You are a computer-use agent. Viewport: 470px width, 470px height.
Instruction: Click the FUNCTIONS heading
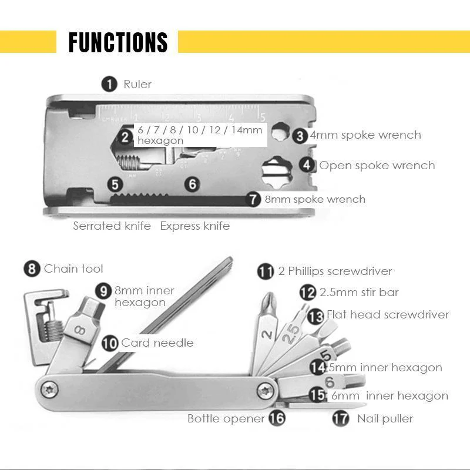tap(117, 42)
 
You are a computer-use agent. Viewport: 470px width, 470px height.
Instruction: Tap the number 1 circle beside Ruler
tap(109, 84)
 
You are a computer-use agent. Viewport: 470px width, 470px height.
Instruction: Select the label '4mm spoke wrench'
tap(365, 135)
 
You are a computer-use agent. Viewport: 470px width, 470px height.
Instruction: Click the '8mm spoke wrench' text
tap(315, 199)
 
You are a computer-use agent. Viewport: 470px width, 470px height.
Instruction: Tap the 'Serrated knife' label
tap(112, 226)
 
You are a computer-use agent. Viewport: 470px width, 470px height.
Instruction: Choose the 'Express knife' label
tap(194, 226)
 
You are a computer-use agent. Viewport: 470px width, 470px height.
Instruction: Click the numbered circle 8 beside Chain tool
tap(32, 269)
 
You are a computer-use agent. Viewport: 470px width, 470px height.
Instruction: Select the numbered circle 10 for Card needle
tap(110, 343)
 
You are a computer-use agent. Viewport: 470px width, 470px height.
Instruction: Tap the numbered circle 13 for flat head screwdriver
tap(315, 316)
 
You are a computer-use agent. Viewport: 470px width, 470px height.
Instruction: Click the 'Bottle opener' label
tap(227, 419)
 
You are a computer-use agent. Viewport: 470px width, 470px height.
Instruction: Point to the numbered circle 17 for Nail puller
tap(341, 419)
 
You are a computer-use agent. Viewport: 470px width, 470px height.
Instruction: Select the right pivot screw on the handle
tap(266, 389)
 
